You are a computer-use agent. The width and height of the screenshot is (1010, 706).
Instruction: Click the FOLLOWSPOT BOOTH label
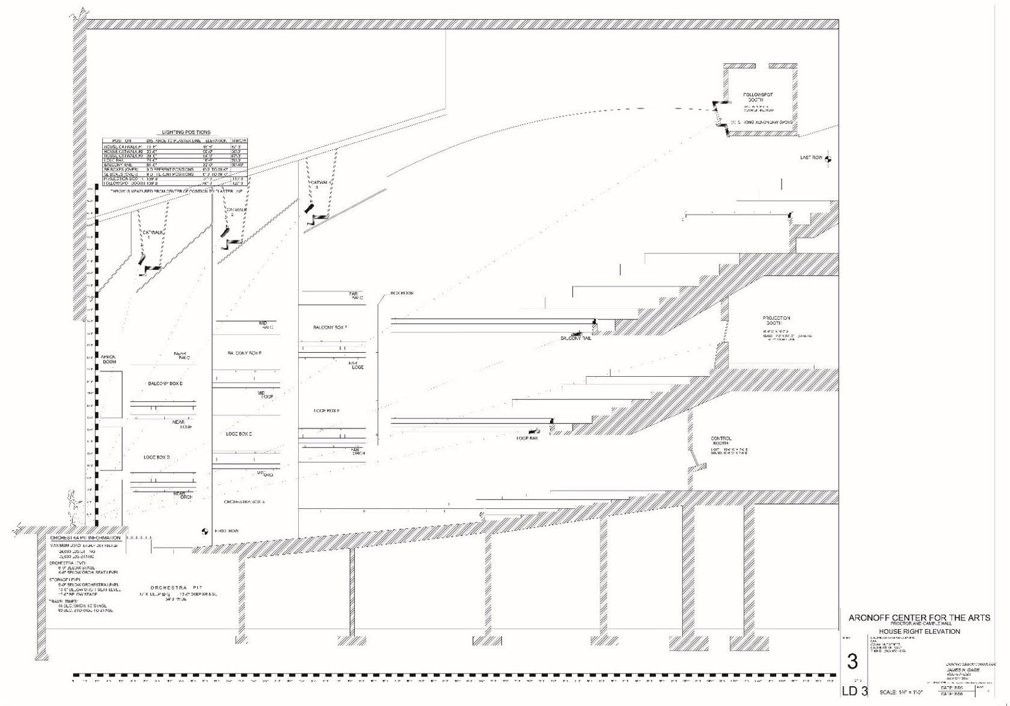(x=758, y=97)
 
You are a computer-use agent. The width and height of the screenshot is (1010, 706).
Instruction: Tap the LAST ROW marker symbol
(x=828, y=159)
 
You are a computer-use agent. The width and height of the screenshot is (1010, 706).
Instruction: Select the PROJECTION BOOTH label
(x=776, y=320)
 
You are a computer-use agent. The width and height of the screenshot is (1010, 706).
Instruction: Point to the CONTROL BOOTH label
(x=721, y=441)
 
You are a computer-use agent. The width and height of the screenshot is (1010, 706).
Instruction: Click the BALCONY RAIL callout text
(x=576, y=338)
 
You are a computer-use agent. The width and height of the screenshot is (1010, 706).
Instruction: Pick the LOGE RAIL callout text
(x=527, y=438)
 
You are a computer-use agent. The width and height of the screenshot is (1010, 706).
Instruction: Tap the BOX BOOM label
(x=402, y=293)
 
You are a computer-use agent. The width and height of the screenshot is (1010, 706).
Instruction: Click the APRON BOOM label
(x=109, y=359)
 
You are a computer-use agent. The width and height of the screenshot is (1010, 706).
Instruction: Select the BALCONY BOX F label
(x=330, y=327)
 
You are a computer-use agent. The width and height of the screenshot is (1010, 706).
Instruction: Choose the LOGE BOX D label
(x=156, y=457)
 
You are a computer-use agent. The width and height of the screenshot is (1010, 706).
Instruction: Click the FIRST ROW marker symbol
(x=204, y=531)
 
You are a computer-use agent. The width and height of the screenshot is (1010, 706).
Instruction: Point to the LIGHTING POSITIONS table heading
(x=186, y=132)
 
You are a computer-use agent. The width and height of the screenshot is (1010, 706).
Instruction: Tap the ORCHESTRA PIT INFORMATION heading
(x=85, y=538)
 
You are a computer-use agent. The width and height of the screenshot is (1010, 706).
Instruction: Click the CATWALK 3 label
(x=319, y=184)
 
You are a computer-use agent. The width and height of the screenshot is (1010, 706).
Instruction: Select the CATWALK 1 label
(x=153, y=235)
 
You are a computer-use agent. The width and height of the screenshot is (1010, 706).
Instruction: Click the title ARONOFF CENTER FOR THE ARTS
(x=919, y=618)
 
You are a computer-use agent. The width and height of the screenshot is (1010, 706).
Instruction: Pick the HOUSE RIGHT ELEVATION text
(x=919, y=631)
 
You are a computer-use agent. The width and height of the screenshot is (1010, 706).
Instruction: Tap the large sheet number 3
(x=852, y=662)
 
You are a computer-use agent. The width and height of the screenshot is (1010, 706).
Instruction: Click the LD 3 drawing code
(x=854, y=691)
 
